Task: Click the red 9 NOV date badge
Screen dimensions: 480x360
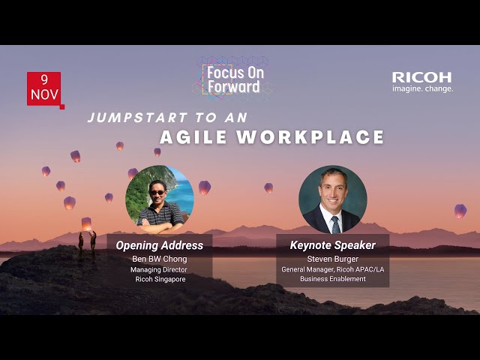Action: tap(45, 90)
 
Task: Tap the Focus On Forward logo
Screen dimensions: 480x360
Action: tap(234, 79)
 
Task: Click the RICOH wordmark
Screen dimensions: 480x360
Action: tap(421, 77)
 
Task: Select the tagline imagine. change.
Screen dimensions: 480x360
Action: tap(423, 89)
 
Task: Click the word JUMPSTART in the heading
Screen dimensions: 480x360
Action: tap(138, 118)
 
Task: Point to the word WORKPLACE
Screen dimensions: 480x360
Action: tap(310, 136)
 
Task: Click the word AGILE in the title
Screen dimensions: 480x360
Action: tap(193, 136)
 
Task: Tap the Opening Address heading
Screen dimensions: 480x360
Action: tap(160, 245)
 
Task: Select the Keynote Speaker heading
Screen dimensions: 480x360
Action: tap(333, 245)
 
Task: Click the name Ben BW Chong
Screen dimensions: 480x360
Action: tap(160, 259)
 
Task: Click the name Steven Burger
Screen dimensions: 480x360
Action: tap(333, 259)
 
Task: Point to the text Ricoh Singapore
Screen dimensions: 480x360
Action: tap(160, 279)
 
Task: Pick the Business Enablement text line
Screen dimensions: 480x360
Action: tap(333, 279)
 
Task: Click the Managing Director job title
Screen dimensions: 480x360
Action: tap(159, 270)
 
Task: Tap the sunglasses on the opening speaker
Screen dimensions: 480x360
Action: tap(157, 193)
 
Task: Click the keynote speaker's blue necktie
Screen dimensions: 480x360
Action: tap(335, 225)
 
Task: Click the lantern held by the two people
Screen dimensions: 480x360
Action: tap(86, 224)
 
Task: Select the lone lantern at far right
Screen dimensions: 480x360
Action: tap(460, 211)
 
